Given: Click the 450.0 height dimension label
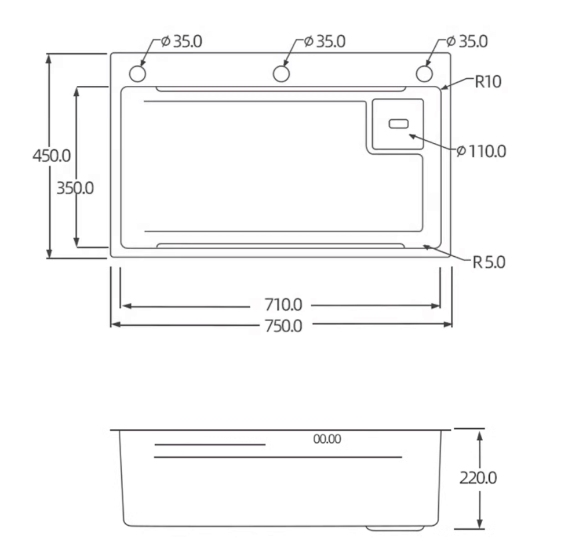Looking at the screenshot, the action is click(52, 156).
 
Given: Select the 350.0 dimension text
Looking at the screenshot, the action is click(75, 188).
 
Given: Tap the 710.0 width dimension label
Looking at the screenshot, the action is click(283, 305).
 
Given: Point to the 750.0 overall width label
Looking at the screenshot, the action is click(283, 326).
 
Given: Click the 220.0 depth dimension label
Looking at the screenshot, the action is click(478, 478).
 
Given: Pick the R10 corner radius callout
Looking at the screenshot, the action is click(487, 82).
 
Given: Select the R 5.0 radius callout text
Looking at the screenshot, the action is click(489, 263).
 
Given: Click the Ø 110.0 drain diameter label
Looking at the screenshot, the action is click(481, 151).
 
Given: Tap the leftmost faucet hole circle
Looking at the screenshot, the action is click(137, 74).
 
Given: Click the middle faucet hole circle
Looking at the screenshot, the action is click(281, 74).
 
